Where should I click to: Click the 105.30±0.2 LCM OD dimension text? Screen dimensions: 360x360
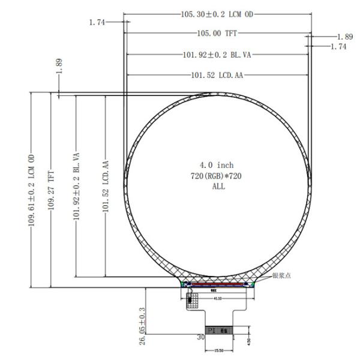pyautogui.click(x=217, y=13)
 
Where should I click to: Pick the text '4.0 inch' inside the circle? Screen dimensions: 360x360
pyautogui.click(x=217, y=165)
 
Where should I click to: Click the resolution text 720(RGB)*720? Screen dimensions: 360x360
pyautogui.click(x=217, y=176)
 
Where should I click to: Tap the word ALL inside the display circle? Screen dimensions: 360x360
pyautogui.click(x=217, y=187)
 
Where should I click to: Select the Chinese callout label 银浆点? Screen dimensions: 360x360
pyautogui.click(x=281, y=276)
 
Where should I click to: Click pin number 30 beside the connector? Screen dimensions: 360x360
pyautogui.click(x=201, y=338)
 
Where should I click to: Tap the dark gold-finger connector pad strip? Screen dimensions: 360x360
pyautogui.click(x=220, y=331)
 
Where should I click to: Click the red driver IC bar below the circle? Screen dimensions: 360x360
pyautogui.click(x=220, y=284)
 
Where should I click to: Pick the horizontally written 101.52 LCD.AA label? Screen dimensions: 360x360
pyautogui.click(x=217, y=76)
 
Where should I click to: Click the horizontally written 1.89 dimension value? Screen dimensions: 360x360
pyautogui.click(x=345, y=37)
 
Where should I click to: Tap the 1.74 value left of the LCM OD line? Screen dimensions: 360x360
pyautogui.click(x=97, y=22)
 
